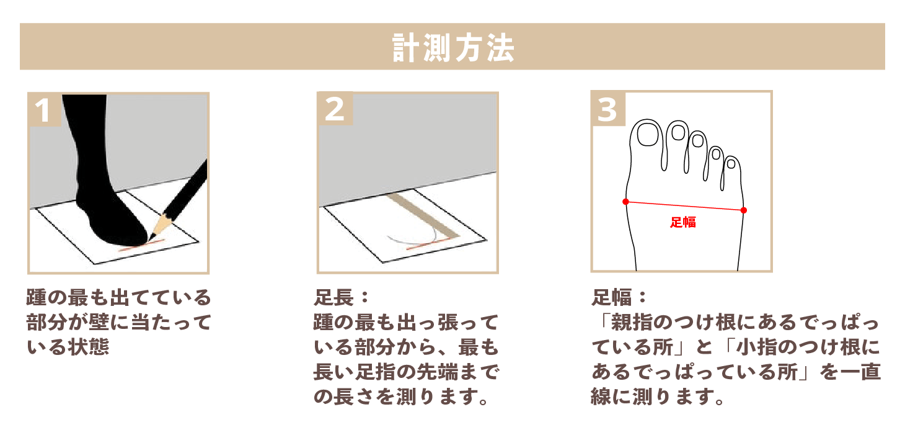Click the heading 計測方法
point(452,47)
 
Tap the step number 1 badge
point(43,110)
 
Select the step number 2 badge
point(335,109)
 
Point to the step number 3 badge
point(607,109)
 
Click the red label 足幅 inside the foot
point(683,222)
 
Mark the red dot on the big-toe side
point(625,202)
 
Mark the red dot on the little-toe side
point(743,210)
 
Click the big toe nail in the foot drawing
point(649,134)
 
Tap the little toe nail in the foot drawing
point(731,164)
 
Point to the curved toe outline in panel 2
point(409,239)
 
